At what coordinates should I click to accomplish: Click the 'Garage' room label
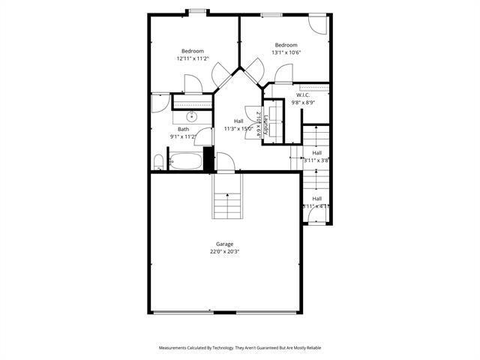pos(224,244)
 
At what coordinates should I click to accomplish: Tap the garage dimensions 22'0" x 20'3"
pos(224,252)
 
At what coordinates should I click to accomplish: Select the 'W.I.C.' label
pos(303,95)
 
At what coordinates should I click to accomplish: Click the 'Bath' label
pos(183,129)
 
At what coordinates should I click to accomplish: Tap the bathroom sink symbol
pos(192,116)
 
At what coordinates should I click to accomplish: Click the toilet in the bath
pos(158,162)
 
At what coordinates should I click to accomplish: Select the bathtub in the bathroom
pos(185,160)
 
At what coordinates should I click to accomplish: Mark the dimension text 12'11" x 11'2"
pos(192,58)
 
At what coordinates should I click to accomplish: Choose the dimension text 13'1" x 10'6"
pos(286,52)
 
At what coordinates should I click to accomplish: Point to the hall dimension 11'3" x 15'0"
pos(238,128)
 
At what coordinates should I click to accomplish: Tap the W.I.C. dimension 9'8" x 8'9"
pos(303,103)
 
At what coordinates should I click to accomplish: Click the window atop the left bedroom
pos(198,11)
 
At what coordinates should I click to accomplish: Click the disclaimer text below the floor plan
pos(239,348)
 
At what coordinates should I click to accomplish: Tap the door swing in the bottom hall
pos(318,216)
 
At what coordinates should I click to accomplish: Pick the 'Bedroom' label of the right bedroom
pos(286,45)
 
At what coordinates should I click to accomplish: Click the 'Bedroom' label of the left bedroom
pos(192,51)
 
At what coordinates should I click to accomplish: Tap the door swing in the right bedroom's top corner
pos(318,24)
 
